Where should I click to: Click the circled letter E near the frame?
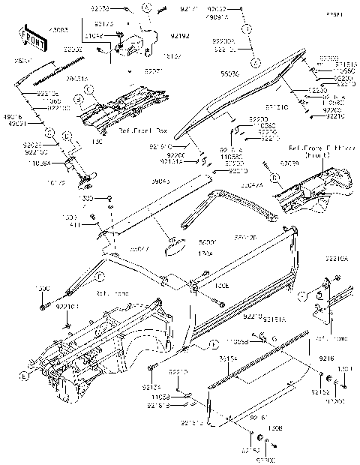pyautogui.click(x=25, y=375)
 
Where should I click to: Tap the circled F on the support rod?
pyautogui.click(x=100, y=276)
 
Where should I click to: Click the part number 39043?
pyautogui.click(x=158, y=181)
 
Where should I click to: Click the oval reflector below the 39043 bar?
pyautogui.click(x=178, y=241)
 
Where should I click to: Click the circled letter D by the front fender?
pyautogui.click(x=276, y=177)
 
